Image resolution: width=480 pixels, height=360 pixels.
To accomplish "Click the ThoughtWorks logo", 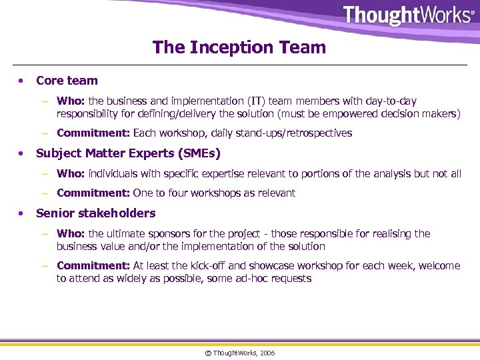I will tap(408, 15).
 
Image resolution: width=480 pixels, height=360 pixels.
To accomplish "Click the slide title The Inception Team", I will tap(239, 47).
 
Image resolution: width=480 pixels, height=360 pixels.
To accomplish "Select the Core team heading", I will tap(67, 81).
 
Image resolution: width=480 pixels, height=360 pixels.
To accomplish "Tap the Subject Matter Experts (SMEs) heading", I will tap(128, 153).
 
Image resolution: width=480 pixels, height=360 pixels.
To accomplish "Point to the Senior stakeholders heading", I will tap(95, 213).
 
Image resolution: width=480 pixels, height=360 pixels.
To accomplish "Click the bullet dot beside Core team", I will tap(23, 81).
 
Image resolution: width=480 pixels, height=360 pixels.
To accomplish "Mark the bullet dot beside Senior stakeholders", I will tap(23, 213).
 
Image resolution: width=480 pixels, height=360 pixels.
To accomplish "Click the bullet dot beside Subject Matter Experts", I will tap(23, 153).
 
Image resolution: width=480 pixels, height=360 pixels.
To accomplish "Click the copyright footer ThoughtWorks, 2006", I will tap(240, 353).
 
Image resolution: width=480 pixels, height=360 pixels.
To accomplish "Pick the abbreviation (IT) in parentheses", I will tap(257, 101).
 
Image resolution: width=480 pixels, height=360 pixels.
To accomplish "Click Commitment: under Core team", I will tap(93, 133).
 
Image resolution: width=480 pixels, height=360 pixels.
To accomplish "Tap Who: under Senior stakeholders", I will tap(71, 234).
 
